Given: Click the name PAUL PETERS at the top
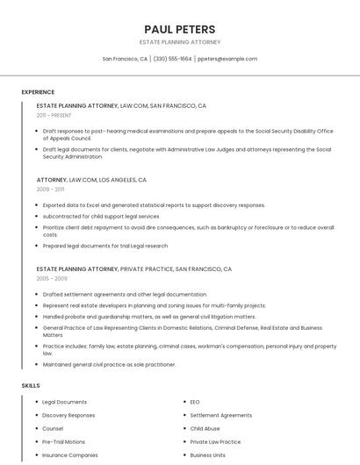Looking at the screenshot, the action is (179, 29).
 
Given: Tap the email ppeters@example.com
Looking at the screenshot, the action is (227, 59).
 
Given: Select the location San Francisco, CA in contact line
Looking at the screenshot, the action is (125, 59).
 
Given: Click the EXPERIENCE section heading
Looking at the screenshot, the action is (38, 92).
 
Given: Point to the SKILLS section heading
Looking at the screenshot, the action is (31, 385).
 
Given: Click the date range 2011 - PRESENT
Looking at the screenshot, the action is (54, 115).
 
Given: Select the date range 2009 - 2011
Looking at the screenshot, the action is (50, 189).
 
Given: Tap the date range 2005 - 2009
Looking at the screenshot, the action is (51, 278).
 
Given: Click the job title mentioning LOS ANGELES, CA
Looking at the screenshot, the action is (91, 179).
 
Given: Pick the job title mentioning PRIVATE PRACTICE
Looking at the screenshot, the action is (133, 268).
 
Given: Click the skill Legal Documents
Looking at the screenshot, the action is (64, 402).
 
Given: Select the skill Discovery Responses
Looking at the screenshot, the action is (68, 415).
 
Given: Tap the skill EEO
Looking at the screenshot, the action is (195, 402).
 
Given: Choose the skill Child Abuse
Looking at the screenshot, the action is (205, 428).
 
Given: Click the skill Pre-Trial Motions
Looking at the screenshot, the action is (64, 441).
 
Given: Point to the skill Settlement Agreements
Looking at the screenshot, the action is (220, 415).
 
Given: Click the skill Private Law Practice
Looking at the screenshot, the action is (215, 441).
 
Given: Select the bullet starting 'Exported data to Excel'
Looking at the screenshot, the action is (154, 205).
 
